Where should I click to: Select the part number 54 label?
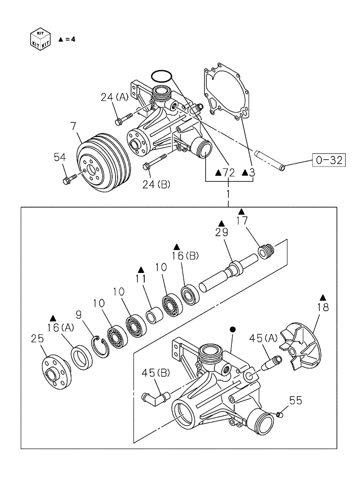59,157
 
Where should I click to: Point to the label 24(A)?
114,97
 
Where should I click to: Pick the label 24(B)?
157,184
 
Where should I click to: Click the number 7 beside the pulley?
74,127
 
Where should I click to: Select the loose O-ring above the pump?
161,76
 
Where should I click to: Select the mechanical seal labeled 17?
266,252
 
